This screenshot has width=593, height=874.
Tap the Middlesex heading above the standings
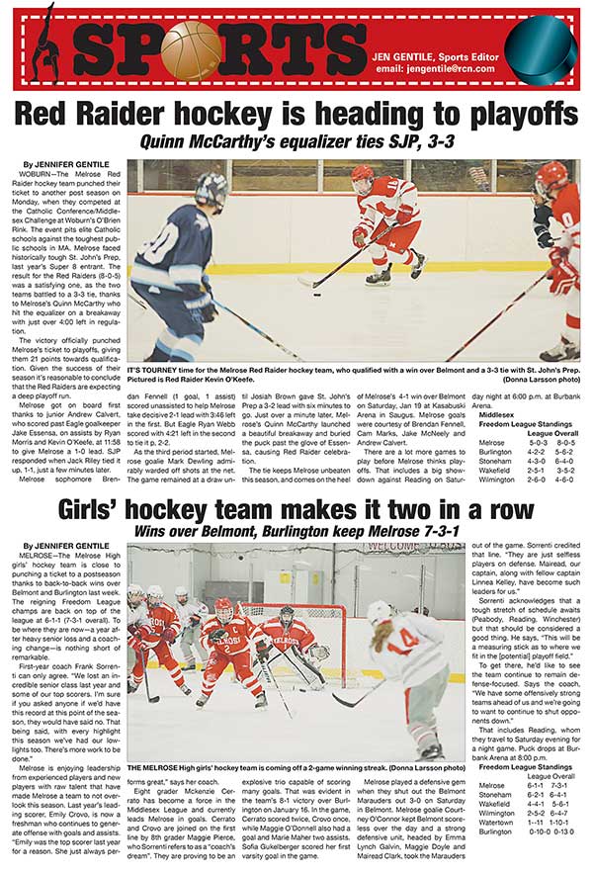(x=495, y=414)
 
